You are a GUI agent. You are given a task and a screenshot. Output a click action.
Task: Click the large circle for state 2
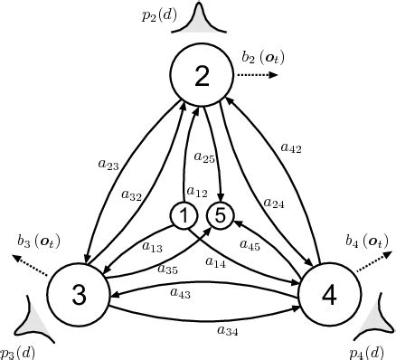(202, 76)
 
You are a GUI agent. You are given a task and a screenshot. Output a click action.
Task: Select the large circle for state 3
(77, 296)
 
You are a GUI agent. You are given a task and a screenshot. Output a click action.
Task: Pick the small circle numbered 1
(184, 216)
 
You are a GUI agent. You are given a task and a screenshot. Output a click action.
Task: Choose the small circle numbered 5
(220, 216)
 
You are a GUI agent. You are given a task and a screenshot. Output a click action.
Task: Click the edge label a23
(108, 166)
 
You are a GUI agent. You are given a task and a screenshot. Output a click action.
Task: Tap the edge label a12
(196, 193)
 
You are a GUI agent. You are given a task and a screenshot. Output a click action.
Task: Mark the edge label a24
(275, 204)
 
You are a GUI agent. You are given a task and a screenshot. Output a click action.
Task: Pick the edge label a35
(167, 269)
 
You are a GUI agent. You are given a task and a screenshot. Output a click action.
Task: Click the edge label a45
(250, 244)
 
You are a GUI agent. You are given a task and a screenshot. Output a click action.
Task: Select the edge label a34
(228, 330)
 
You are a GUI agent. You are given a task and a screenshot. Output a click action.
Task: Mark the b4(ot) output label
(366, 241)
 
